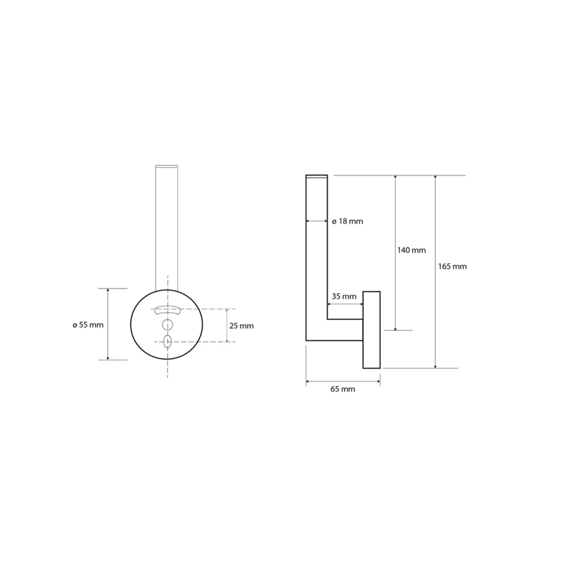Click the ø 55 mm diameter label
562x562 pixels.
[x=87, y=325]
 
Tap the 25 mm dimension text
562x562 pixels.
[x=242, y=326]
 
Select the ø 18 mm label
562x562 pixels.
[x=348, y=221]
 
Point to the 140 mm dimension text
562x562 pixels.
[x=411, y=250]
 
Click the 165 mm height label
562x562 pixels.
[x=453, y=266]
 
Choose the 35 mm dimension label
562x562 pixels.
[x=344, y=297]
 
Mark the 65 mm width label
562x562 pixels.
[x=343, y=389]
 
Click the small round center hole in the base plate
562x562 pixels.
[x=168, y=324]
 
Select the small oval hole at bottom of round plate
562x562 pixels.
[x=168, y=341]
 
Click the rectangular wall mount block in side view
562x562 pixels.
[x=371, y=330]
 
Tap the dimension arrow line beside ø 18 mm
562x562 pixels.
[x=317, y=221]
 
